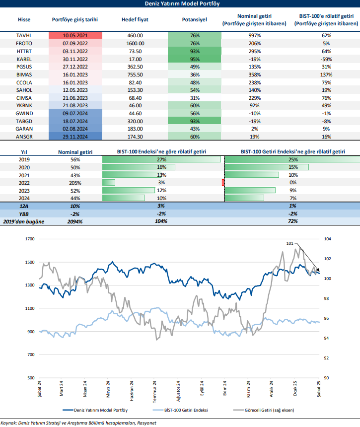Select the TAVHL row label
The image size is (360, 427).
(23, 35)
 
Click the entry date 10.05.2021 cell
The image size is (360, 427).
(75, 35)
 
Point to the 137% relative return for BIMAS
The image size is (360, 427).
(326, 74)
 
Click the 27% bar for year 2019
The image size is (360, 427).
(162, 159)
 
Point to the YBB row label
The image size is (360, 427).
(23, 213)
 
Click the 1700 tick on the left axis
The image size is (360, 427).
(30, 239)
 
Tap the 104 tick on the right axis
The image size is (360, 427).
(327, 239)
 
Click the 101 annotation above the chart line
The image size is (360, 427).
(290, 243)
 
